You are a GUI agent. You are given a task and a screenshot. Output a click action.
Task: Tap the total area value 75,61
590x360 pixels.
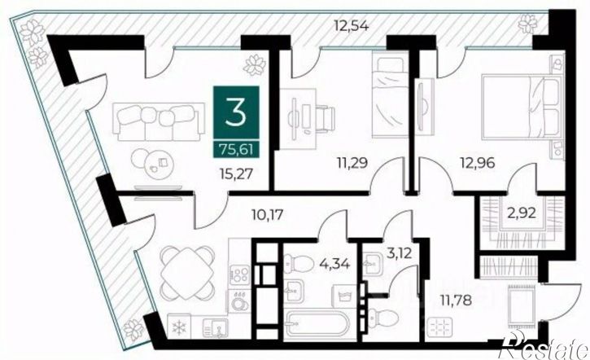(236, 149)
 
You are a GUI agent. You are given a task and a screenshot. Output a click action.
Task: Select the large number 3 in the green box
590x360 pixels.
(236, 113)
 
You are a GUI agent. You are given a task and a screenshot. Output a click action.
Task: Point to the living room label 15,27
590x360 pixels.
(236, 173)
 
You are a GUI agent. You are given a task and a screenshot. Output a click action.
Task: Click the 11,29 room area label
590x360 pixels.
(352, 163)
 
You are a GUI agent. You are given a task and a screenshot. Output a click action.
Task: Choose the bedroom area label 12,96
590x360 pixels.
(478, 163)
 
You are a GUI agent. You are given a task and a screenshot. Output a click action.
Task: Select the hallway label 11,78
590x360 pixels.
(456, 301)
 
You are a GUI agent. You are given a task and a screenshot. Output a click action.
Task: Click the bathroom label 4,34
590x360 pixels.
(335, 263)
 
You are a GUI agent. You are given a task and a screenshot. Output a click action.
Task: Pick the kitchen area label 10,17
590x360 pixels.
(267, 215)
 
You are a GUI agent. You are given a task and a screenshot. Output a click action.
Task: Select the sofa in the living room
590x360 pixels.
(159, 122)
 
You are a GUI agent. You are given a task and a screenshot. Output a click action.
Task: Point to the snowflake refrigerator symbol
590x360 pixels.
(179, 327)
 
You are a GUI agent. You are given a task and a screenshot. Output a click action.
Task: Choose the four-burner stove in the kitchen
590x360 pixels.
(240, 275)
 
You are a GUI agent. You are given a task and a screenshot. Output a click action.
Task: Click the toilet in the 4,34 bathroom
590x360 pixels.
(299, 262)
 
